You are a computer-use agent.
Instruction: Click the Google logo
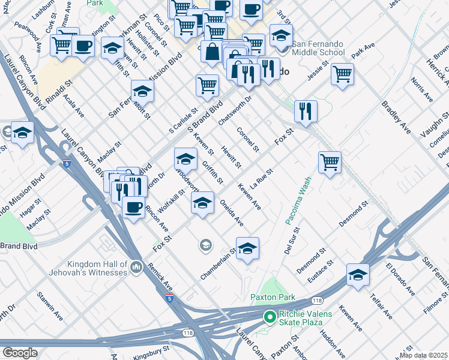click(x=20, y=352)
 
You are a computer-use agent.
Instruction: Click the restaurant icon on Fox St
click(x=306, y=112)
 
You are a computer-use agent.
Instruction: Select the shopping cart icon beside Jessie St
click(x=342, y=74)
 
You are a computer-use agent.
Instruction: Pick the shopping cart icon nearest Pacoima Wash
click(x=330, y=161)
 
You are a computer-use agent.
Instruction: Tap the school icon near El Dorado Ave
click(x=358, y=274)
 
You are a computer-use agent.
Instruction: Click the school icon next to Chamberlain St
click(x=247, y=248)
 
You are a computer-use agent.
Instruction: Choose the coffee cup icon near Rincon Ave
click(x=133, y=207)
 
